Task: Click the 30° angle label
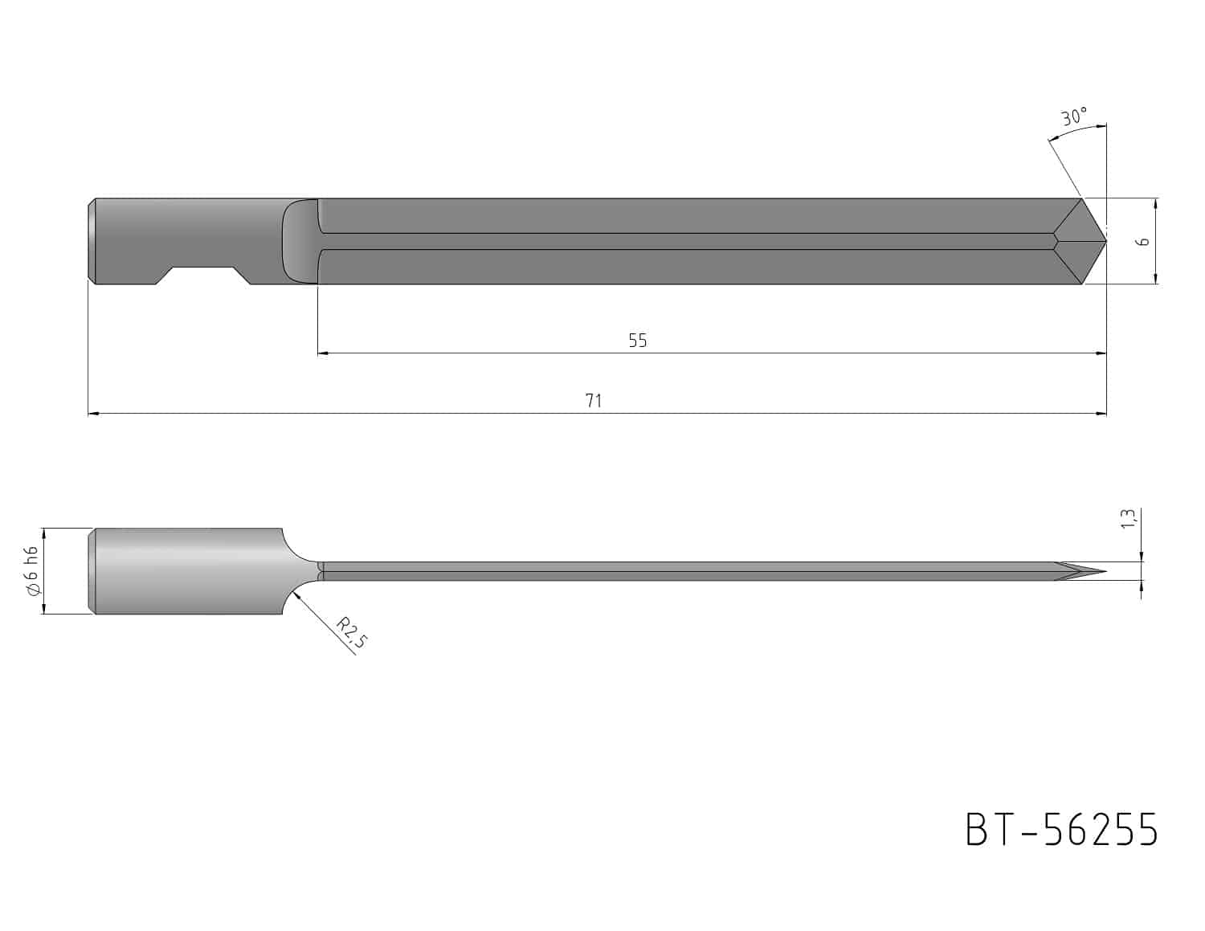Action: point(1074,116)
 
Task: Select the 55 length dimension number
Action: point(638,341)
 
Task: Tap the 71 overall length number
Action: point(594,400)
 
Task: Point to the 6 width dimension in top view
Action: point(1142,242)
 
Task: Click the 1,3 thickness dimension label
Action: point(1128,518)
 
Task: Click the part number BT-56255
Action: point(1061,830)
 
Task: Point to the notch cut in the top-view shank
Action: point(202,276)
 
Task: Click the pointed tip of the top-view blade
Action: point(1105,241)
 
